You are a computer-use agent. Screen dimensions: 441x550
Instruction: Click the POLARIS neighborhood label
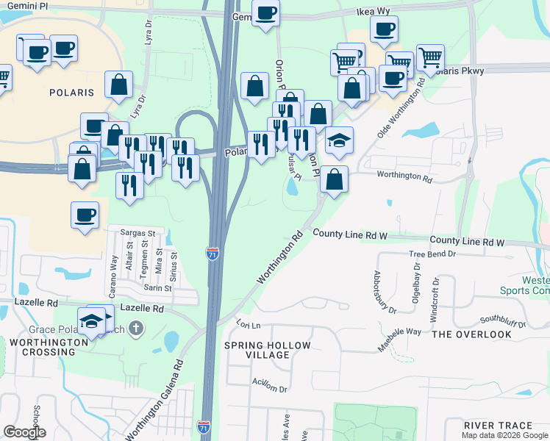[71, 93]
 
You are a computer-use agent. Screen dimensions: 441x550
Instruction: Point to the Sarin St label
[157, 288]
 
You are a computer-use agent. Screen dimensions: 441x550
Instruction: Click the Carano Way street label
[114, 271]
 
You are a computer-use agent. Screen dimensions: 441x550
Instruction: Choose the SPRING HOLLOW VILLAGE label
[268, 350]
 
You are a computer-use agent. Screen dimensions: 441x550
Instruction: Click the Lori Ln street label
[249, 324]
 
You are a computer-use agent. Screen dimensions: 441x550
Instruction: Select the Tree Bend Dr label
[432, 254]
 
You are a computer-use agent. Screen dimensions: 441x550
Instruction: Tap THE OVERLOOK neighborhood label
[471, 334]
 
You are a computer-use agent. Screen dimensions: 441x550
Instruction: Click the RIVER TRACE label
[498, 426]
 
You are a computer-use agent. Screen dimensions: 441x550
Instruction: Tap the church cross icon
[135, 328]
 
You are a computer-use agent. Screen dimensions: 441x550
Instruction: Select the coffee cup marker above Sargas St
[85, 215]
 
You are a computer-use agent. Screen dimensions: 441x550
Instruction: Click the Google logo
[24, 432]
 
